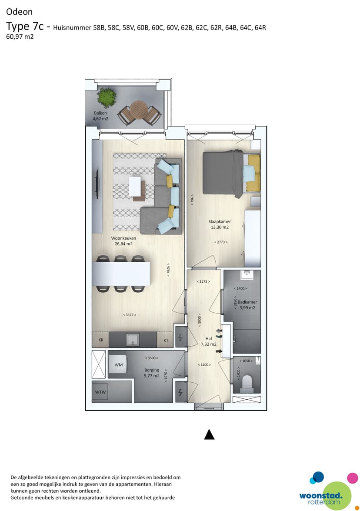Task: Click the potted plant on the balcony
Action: point(107,97)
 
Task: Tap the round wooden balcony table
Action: point(139,110)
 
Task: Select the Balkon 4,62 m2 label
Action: point(100,116)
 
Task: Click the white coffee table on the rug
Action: point(135,186)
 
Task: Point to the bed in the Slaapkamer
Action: point(232,174)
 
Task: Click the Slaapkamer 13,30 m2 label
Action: point(220,224)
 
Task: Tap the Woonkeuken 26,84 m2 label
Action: point(123,241)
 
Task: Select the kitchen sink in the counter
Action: point(133,340)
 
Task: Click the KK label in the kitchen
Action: point(101,340)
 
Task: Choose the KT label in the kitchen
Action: point(166,340)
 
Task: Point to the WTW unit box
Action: point(100,392)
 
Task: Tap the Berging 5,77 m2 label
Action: point(152,373)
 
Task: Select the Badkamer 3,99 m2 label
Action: point(247,305)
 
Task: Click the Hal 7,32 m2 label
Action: point(209,341)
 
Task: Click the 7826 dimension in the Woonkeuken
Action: point(168,270)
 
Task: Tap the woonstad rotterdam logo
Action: point(329,491)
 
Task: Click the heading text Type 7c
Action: point(25,26)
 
